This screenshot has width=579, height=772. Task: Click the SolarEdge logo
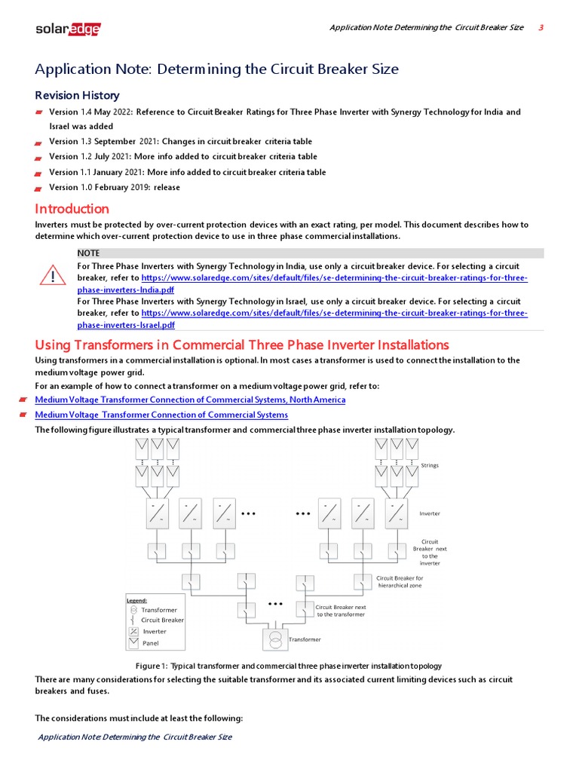[68, 29]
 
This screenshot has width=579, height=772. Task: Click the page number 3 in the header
[541, 28]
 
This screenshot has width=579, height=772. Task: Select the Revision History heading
[77, 95]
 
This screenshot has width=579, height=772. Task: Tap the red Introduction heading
[72, 209]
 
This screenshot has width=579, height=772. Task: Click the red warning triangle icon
[53, 277]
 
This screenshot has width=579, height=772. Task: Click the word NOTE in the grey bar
[88, 253]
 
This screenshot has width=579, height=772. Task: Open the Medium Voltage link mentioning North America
[190, 400]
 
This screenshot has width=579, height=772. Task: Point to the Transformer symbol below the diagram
[275, 640]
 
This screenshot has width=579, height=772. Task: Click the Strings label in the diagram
[430, 465]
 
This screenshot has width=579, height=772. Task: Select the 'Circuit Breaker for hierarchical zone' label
[400, 582]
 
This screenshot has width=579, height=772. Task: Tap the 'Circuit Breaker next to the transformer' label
[340, 611]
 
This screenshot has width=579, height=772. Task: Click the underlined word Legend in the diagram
[136, 600]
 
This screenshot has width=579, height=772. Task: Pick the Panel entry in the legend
[151, 643]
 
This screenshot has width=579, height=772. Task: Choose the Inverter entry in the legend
[155, 632]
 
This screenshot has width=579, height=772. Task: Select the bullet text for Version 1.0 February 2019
[115, 187]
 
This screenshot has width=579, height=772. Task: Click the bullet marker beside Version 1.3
[38, 142]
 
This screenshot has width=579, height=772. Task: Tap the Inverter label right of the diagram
[430, 513]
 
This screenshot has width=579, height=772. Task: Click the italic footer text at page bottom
[135, 737]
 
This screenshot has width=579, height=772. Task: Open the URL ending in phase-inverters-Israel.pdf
[126, 325]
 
